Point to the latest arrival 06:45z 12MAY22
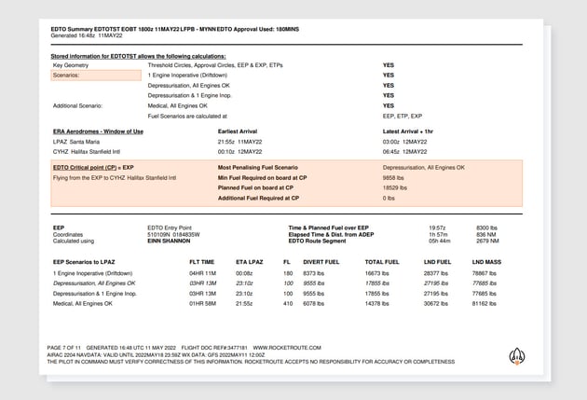(405, 151)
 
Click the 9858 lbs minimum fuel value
(393, 177)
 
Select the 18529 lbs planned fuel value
(395, 187)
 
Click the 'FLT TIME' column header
(201, 262)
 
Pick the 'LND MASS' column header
(486, 262)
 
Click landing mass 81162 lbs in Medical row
(486, 303)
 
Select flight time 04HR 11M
(202, 272)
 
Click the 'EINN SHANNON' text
(168, 241)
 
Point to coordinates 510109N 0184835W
(173, 234)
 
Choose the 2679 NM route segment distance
(487, 241)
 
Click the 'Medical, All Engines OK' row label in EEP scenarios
(83, 303)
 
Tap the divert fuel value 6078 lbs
(315, 303)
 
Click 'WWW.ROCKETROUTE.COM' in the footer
(287, 347)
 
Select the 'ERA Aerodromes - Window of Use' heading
(98, 131)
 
